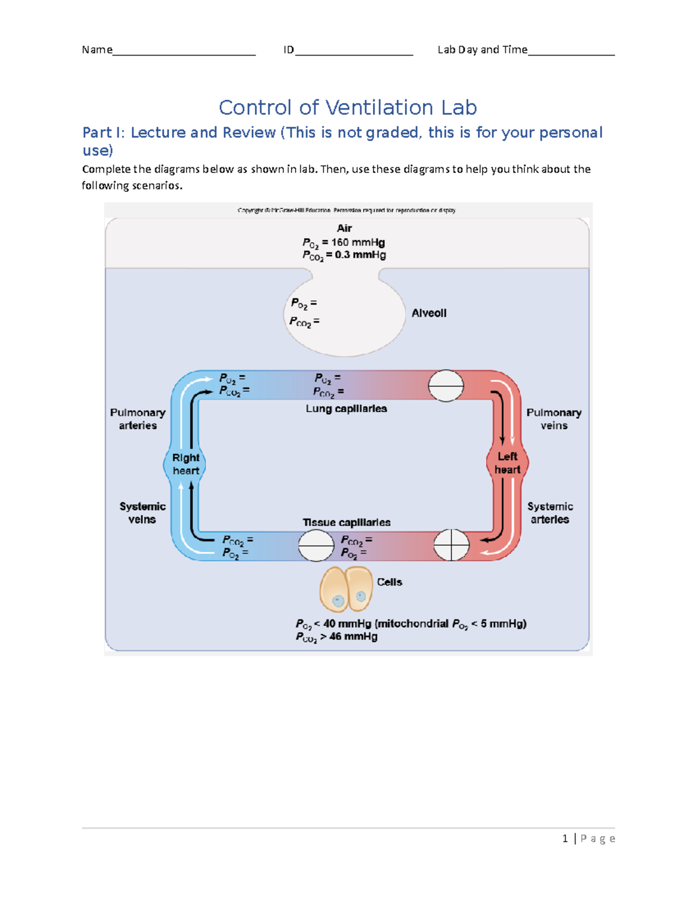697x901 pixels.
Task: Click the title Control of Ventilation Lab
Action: tap(347, 108)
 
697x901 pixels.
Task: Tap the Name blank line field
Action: tap(184, 51)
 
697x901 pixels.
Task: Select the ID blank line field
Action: tap(354, 51)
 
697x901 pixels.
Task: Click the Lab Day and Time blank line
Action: tap(571, 51)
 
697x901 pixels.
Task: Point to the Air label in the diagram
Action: tap(344, 229)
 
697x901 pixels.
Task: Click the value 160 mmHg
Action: tap(358, 243)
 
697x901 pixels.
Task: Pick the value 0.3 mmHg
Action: tap(360, 255)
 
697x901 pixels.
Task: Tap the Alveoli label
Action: tap(429, 313)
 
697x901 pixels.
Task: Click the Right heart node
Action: tap(185, 464)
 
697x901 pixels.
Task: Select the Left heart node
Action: tap(507, 464)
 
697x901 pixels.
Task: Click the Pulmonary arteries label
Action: tap(138, 419)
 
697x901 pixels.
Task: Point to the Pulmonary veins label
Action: tap(554, 419)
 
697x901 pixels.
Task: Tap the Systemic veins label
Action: tap(142, 513)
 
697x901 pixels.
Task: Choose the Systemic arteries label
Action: tap(549, 513)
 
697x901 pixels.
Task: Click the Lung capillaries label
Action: tap(346, 409)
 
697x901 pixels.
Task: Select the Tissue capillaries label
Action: tap(346, 523)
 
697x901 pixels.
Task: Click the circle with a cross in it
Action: tap(451, 545)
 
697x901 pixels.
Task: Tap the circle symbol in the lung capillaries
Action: tap(445, 386)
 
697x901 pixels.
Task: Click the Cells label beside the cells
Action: tap(389, 582)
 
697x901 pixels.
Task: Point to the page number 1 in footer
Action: tap(565, 838)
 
